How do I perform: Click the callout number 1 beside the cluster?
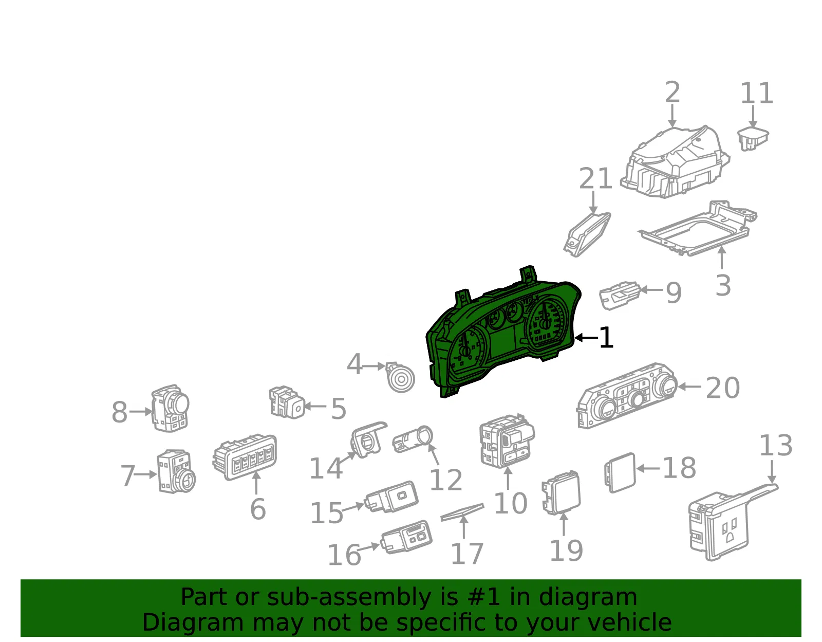pos(606,337)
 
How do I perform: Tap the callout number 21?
pos(595,178)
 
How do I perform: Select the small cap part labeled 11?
pos(753,139)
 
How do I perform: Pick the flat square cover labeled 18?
pos(620,473)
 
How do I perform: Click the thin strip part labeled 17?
pos(462,512)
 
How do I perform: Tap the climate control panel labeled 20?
pos(627,396)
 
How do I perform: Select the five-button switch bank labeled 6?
pos(245,457)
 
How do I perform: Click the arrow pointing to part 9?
pos(651,290)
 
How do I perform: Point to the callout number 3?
pos(723,286)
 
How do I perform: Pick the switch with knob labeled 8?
pos(170,409)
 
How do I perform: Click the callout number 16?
pos(345,555)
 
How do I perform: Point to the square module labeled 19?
pos(561,492)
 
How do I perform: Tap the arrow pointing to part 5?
pos(315,406)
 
